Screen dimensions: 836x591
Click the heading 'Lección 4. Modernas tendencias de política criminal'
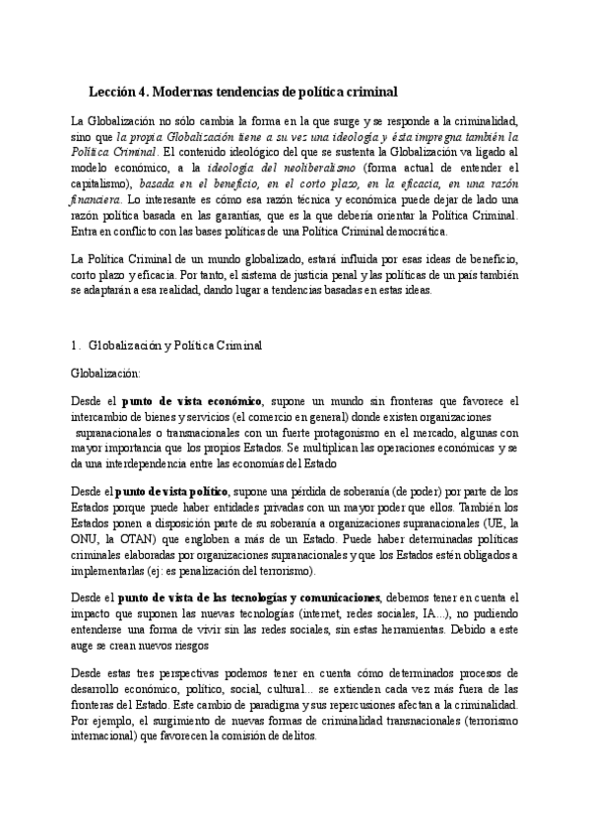[242, 92]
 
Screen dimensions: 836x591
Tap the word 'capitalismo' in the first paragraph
[100, 183]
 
